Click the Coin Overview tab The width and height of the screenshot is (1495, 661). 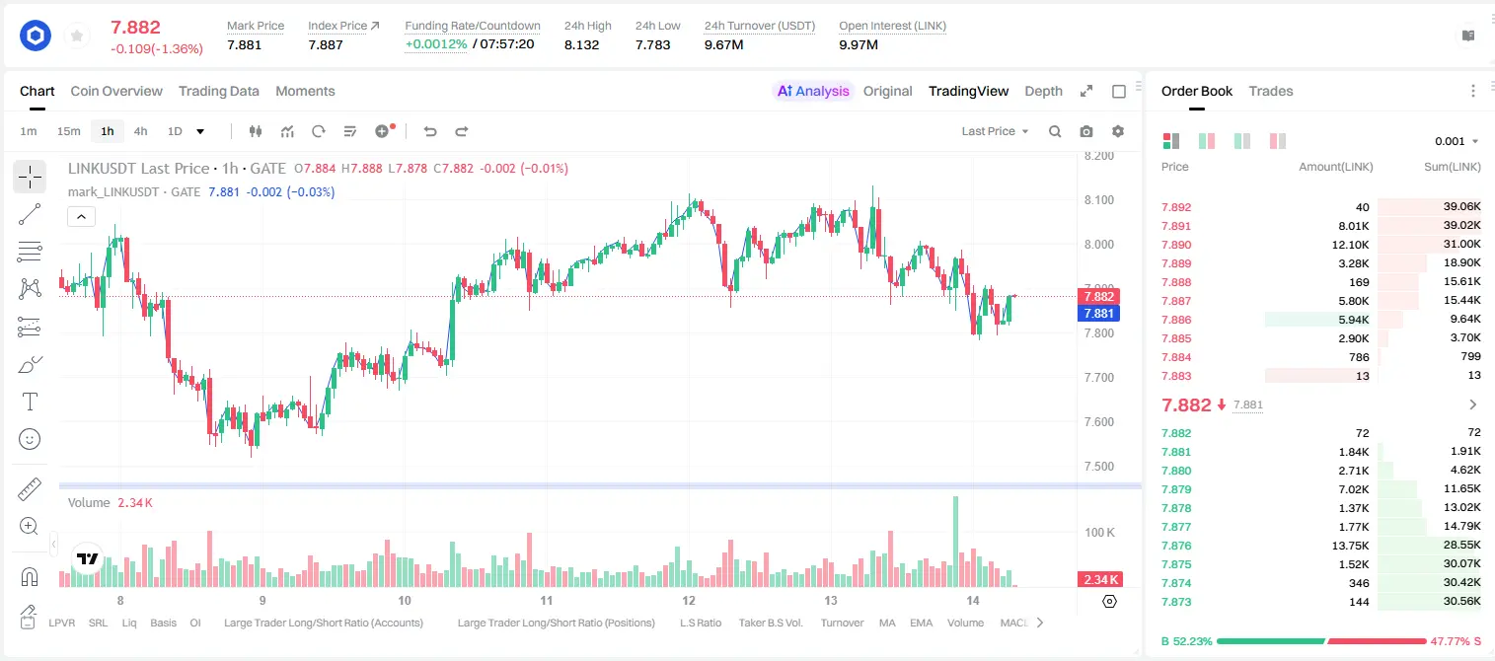[116, 91]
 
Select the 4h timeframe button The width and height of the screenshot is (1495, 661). [140, 131]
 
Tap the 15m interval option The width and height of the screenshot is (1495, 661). [69, 131]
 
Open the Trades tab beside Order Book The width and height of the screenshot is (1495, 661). [1271, 91]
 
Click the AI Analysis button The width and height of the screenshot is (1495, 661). [813, 91]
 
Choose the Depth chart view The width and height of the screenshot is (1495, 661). [1043, 91]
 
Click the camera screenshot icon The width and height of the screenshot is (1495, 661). [1086, 131]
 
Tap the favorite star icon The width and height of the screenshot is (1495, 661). [77, 37]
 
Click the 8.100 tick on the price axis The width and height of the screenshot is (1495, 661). [1099, 200]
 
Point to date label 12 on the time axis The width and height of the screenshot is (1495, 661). [689, 600]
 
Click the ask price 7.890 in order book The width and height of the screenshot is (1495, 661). [1176, 245]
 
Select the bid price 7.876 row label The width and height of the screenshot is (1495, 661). [1176, 546]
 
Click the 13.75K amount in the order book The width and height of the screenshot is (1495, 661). [1350, 546]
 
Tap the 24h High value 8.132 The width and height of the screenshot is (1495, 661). [582, 44]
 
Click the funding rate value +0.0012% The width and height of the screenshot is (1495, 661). [436, 44]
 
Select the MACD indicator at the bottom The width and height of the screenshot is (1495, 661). [1013, 623]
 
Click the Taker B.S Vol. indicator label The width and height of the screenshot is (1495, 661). [771, 623]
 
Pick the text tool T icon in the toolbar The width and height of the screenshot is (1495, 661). [30, 402]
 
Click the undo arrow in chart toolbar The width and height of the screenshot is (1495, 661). [430, 131]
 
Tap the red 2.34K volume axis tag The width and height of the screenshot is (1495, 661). [1100, 580]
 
